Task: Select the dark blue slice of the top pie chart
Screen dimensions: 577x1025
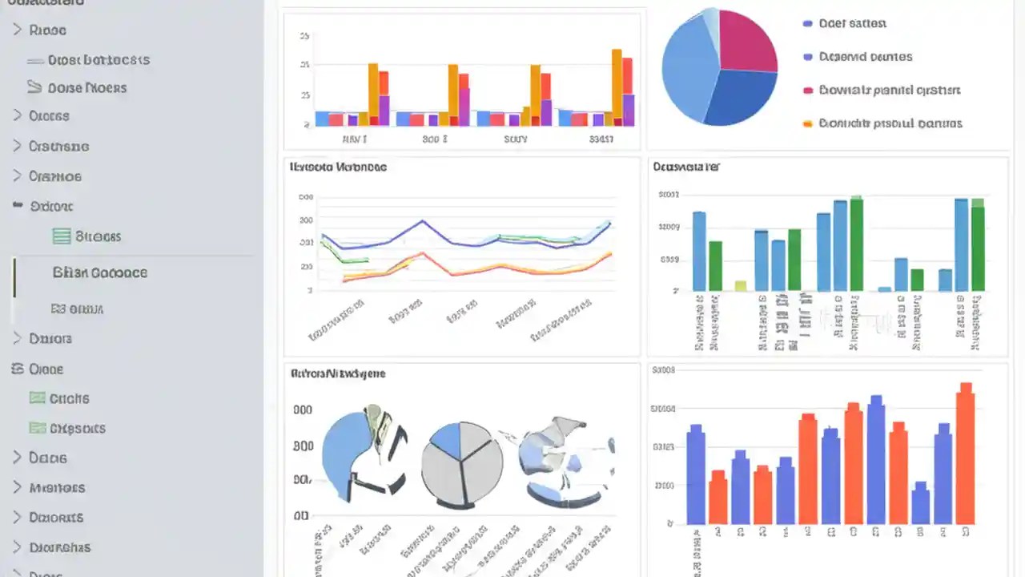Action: pyautogui.click(x=741, y=98)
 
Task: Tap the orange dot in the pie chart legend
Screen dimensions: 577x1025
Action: pyautogui.click(x=807, y=124)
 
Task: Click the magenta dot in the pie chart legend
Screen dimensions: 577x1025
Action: pyautogui.click(x=807, y=91)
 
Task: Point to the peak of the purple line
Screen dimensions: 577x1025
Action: pyautogui.click(x=424, y=221)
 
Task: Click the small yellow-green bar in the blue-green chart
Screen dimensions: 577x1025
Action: pyautogui.click(x=741, y=285)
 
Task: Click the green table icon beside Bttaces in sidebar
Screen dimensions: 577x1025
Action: pyautogui.click(x=61, y=236)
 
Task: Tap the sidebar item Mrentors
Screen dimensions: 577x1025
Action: pyautogui.click(x=57, y=487)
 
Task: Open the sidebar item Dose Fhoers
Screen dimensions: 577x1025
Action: pyautogui.click(x=86, y=88)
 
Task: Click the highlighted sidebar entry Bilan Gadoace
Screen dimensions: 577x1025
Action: pyautogui.click(x=99, y=272)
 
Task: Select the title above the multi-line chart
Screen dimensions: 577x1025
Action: pyautogui.click(x=337, y=167)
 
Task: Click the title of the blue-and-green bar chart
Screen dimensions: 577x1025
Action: pyautogui.click(x=686, y=167)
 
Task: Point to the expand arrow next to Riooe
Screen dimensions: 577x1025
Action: pyautogui.click(x=17, y=30)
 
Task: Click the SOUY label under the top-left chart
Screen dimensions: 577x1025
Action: pyautogui.click(x=516, y=139)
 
